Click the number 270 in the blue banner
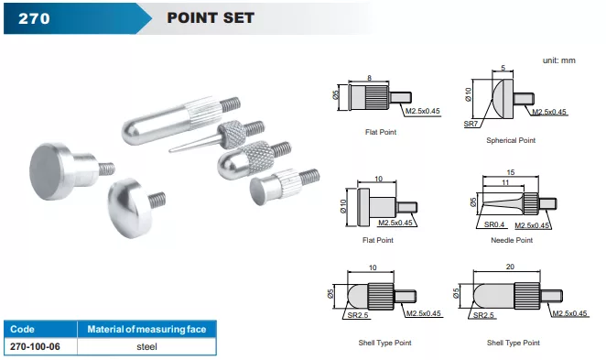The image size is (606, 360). tap(34, 18)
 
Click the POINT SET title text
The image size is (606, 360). tap(211, 17)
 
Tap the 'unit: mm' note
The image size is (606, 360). tap(558, 60)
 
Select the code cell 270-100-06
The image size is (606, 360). tap(35, 346)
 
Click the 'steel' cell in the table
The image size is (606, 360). tap(146, 346)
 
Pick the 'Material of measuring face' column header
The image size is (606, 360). tap(146, 330)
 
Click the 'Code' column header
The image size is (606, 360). tap(22, 330)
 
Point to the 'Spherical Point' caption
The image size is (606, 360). tap(511, 140)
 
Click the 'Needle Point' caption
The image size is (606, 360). tap(512, 240)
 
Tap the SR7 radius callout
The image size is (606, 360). tap(471, 124)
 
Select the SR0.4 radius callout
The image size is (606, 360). tap(494, 224)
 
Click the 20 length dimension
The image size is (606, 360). tap(510, 267)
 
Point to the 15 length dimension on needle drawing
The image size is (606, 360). tap(511, 172)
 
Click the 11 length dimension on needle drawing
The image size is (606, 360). tap(505, 182)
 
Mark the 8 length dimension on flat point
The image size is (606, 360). tap(370, 78)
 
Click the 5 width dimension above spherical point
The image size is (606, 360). tap(503, 68)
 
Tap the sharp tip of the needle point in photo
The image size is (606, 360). tap(169, 150)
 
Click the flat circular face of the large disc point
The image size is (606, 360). tap(46, 172)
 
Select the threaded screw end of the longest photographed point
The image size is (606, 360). tap(231, 104)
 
